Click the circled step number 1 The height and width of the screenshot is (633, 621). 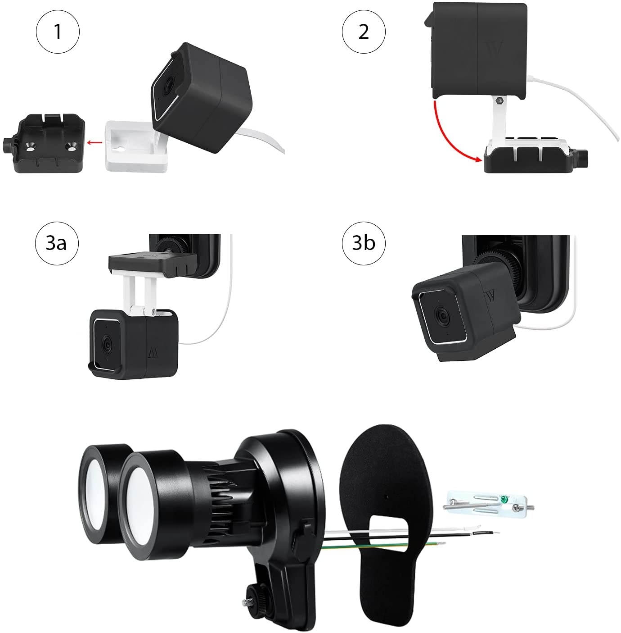coord(58,32)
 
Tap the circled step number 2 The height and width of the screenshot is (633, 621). coord(364,32)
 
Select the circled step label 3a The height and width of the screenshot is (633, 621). coord(57,243)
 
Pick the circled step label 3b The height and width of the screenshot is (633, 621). coord(364,243)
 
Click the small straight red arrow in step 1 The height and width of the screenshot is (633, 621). coord(94,143)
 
